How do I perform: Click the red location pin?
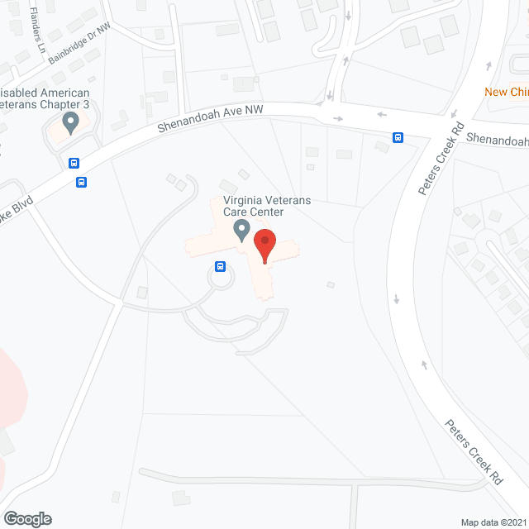264,246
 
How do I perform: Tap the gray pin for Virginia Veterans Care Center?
241,229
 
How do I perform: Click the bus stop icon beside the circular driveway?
221,266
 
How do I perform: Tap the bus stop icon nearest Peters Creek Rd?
398,137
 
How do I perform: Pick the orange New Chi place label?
506,92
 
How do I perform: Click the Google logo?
27,518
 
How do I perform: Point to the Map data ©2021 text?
493,522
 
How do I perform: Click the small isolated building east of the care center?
331,285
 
